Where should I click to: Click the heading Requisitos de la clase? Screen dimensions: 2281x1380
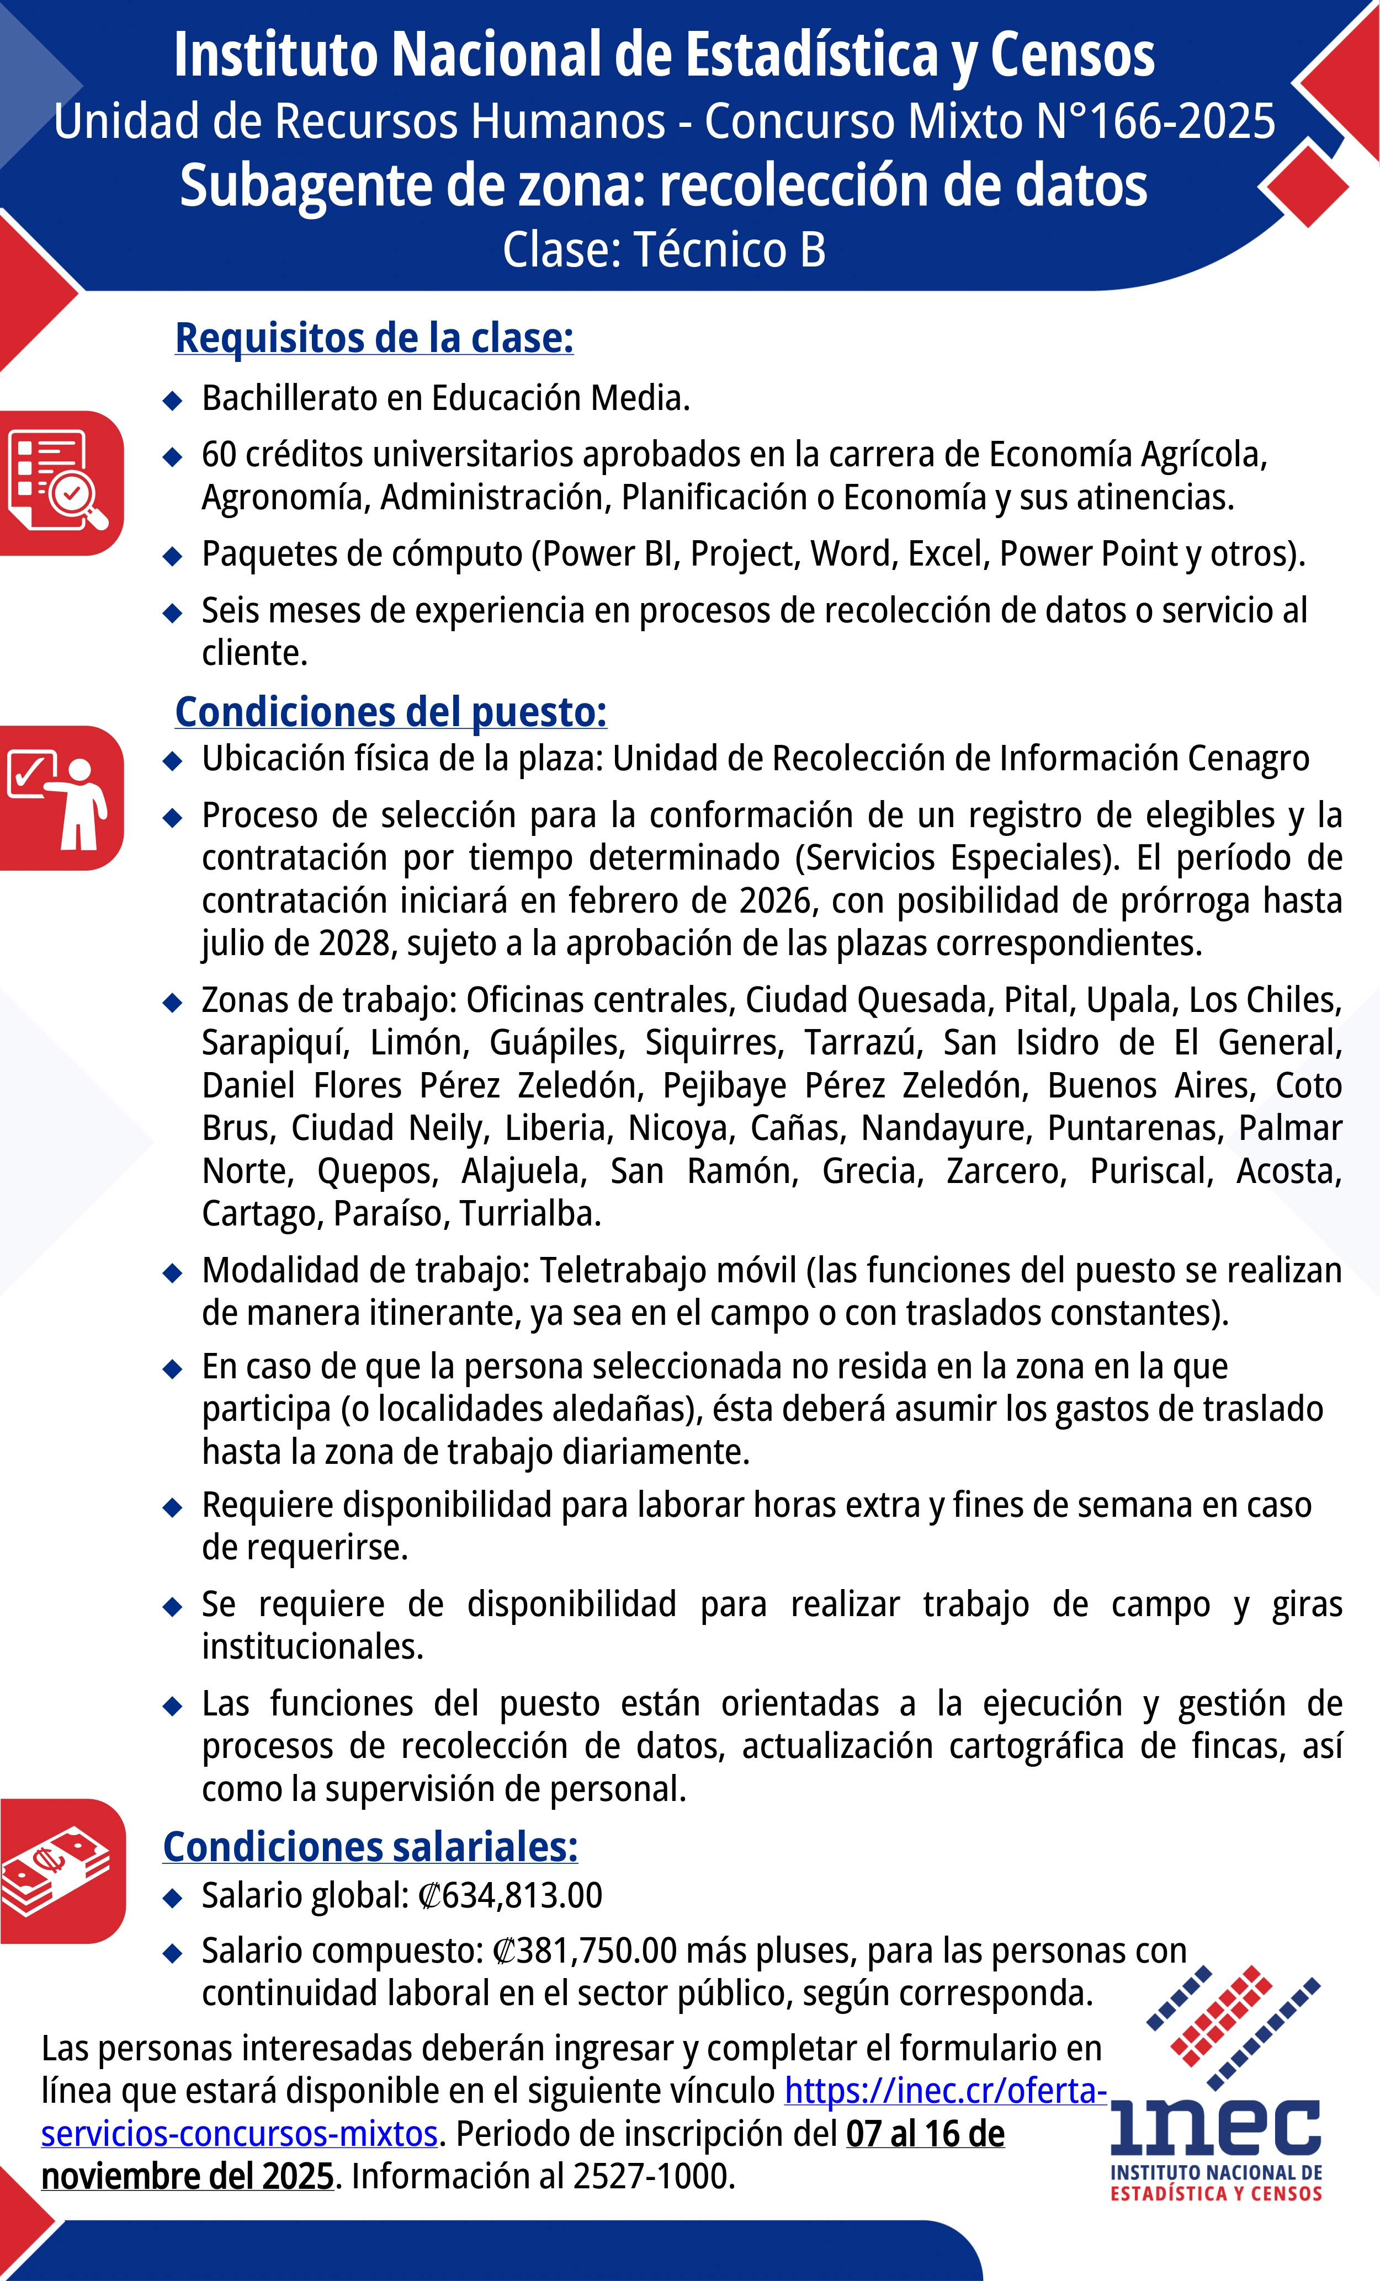[374, 338]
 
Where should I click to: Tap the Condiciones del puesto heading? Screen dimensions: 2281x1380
[391, 712]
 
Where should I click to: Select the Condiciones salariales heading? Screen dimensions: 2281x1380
[370, 1846]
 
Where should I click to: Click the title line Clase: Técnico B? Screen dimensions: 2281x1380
[663, 250]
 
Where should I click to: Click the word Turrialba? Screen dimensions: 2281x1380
[530, 1214]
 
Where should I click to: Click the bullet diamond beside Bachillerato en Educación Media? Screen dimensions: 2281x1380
[172, 400]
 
